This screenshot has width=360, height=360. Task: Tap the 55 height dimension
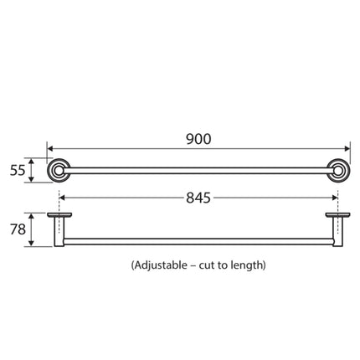(18, 171)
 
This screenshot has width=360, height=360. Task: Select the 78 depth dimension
(18, 229)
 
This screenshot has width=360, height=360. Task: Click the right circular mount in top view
(339, 171)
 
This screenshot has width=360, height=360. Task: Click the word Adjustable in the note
(161, 265)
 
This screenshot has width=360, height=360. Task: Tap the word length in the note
(248, 265)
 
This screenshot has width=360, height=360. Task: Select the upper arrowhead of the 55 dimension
(32, 159)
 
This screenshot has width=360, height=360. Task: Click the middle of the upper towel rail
(198, 171)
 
